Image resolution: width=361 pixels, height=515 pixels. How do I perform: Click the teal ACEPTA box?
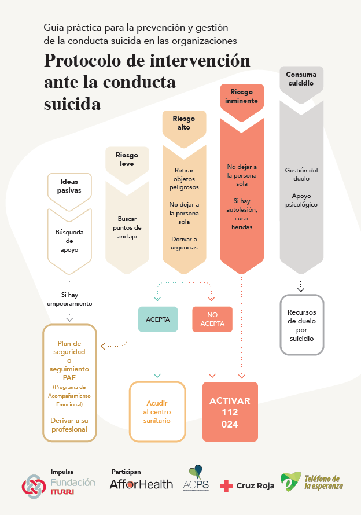[157, 319]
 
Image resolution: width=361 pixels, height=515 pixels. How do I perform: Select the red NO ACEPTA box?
[212, 319]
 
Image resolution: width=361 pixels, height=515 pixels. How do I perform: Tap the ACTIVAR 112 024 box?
[230, 412]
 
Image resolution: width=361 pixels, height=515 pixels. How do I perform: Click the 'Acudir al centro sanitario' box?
[157, 411]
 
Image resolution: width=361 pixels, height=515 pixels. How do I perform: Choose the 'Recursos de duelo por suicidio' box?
[301, 325]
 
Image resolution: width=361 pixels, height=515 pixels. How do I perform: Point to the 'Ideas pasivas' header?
[69, 186]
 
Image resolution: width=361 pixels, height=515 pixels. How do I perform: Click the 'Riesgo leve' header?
[127, 159]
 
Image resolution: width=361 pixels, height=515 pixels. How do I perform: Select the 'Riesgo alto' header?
[184, 123]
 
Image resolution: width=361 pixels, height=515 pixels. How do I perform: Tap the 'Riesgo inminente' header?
[242, 96]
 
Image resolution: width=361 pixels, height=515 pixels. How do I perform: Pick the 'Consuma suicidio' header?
[301, 79]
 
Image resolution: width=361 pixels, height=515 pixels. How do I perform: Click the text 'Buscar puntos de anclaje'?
[127, 228]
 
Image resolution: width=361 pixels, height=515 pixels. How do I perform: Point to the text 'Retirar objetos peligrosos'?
[184, 179]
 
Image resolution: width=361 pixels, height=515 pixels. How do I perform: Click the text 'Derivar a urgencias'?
[184, 243]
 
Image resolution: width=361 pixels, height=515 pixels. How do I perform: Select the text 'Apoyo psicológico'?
[301, 200]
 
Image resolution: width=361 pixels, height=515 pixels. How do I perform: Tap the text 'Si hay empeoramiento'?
[69, 299]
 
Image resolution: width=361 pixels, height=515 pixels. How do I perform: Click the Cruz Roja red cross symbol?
[226, 486]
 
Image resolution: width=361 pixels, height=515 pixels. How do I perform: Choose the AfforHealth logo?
[141, 484]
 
